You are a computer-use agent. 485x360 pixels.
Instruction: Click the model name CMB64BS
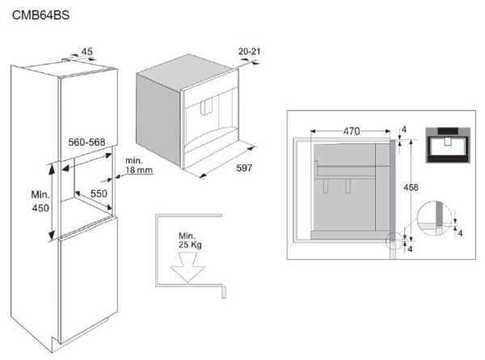[x=40, y=15]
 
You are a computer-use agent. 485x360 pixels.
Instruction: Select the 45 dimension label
[x=87, y=52]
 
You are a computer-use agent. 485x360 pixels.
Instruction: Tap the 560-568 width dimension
[x=86, y=142]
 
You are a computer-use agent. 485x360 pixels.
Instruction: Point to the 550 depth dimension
[x=99, y=193]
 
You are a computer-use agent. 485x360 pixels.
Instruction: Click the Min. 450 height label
[x=40, y=201]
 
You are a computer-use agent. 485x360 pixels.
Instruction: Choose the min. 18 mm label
[x=139, y=165]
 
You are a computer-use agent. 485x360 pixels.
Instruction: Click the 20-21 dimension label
[x=249, y=51]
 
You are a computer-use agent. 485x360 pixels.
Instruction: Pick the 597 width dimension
[x=244, y=167]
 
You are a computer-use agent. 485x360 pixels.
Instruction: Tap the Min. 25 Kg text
[x=190, y=240]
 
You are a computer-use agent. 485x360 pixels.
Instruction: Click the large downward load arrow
[x=188, y=267]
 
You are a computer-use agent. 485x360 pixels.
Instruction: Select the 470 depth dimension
[x=352, y=131]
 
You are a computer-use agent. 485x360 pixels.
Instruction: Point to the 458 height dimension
[x=411, y=187]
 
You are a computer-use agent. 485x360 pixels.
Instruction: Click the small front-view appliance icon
[x=448, y=145]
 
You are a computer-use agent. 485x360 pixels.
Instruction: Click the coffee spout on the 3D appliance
[x=207, y=108]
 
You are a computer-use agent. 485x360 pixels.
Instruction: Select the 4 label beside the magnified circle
[x=460, y=233]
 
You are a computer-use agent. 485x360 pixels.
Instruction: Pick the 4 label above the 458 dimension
[x=403, y=129]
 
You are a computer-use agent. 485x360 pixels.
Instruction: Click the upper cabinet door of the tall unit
[x=88, y=113]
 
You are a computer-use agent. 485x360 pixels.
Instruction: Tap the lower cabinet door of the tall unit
[x=88, y=280]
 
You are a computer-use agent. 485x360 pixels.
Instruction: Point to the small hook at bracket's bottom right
[x=224, y=292]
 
